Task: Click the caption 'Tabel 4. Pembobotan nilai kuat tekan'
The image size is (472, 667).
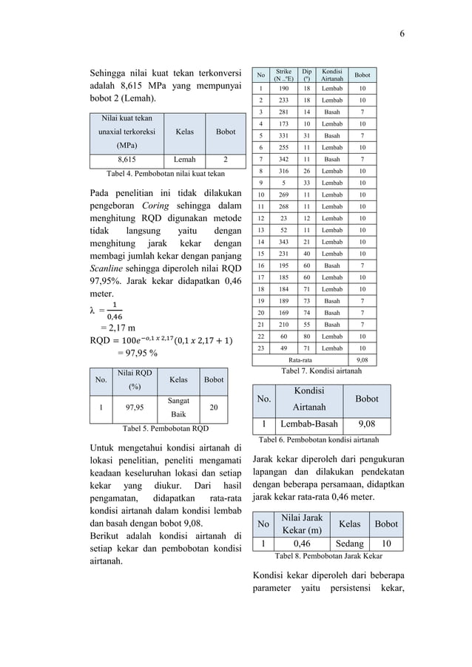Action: (166, 173)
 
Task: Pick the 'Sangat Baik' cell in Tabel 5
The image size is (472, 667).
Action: (178, 406)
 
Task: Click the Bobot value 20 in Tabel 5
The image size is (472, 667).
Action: (214, 406)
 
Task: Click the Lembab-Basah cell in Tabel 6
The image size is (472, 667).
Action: (309, 425)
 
